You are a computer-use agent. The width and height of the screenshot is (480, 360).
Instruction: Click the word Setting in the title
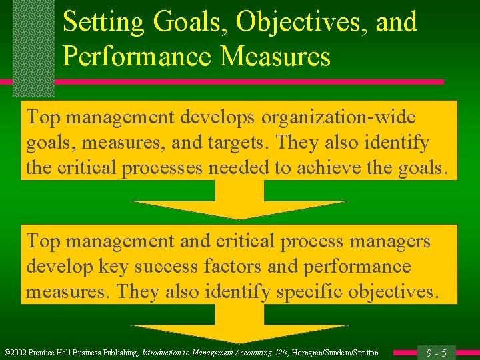pyautogui.click(x=102, y=23)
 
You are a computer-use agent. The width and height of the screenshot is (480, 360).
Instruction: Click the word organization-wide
pyautogui.click(x=338, y=117)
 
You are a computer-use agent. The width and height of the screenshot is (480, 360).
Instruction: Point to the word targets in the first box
pyautogui.click(x=241, y=143)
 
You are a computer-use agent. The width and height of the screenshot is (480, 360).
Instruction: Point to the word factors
pyautogui.click(x=235, y=266)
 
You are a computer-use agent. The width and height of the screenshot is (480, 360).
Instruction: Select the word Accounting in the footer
pyautogui.click(x=241, y=353)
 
